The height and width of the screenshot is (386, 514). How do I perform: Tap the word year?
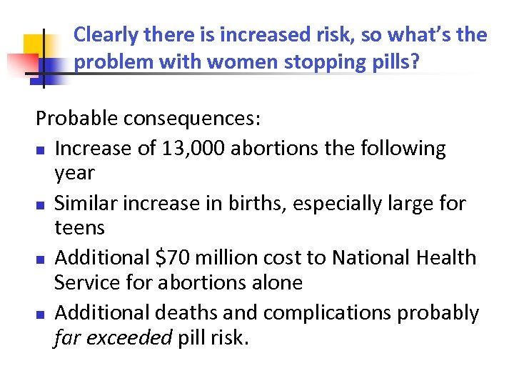click(74, 173)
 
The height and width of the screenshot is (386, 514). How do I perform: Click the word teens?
click(79, 228)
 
